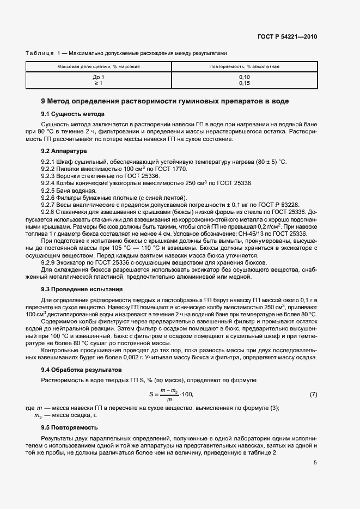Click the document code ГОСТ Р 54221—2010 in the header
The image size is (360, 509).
tap(286, 37)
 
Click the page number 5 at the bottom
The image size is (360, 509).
tap(315, 463)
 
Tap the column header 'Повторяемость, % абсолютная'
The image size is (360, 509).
tap(244, 66)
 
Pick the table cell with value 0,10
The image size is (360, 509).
tap(244, 77)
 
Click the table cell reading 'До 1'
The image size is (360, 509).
tap(99, 77)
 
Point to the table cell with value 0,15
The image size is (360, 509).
tap(244, 83)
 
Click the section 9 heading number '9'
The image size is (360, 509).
tap(44, 101)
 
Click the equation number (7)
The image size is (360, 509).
tap(313, 394)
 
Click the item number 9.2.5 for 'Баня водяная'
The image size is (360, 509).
tap(50, 191)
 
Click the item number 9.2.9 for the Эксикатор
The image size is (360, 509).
tap(50, 262)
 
